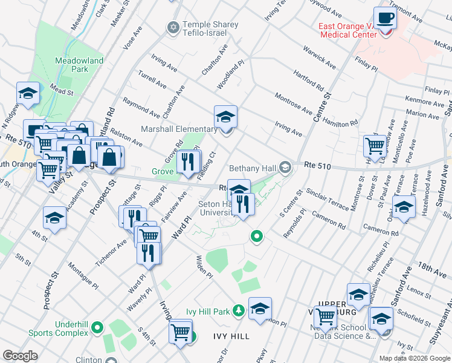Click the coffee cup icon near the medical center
385,19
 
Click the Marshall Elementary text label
179,129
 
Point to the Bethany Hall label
253,168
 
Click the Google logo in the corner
20,355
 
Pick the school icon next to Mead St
28,94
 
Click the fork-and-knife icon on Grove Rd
188,162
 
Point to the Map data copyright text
413,358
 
